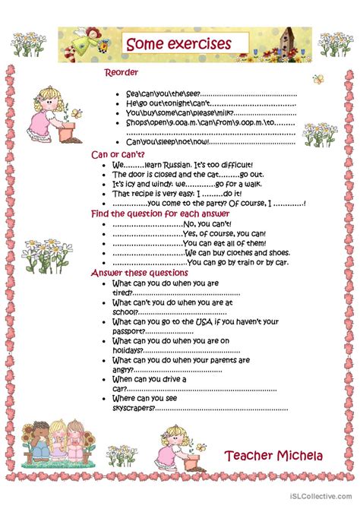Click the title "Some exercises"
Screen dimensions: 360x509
tap(178, 43)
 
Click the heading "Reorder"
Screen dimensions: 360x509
tap(121, 73)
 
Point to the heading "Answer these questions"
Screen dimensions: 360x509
tap(140, 273)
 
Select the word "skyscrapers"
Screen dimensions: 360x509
tap(133, 407)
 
